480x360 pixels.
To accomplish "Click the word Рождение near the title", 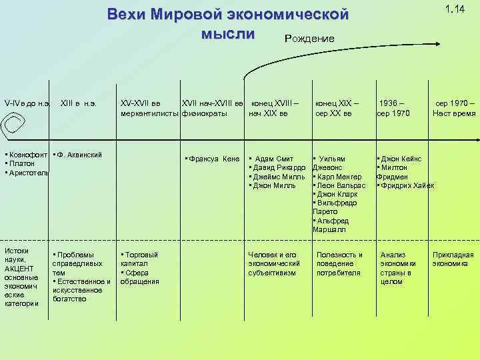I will point(309,39).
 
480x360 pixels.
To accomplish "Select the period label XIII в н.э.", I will point(79,104).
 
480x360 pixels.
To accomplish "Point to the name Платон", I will point(20,164).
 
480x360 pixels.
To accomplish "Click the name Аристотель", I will point(26,173).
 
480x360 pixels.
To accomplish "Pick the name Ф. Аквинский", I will point(78,155).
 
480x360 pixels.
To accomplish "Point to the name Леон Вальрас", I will point(340,185).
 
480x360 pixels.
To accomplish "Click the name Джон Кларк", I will point(336,194).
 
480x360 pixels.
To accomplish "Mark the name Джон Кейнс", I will point(400,159).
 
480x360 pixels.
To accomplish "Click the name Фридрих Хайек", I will point(407,185).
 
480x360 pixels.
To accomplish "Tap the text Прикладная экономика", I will point(453,259).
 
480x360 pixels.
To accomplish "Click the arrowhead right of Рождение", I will point(437,44).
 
